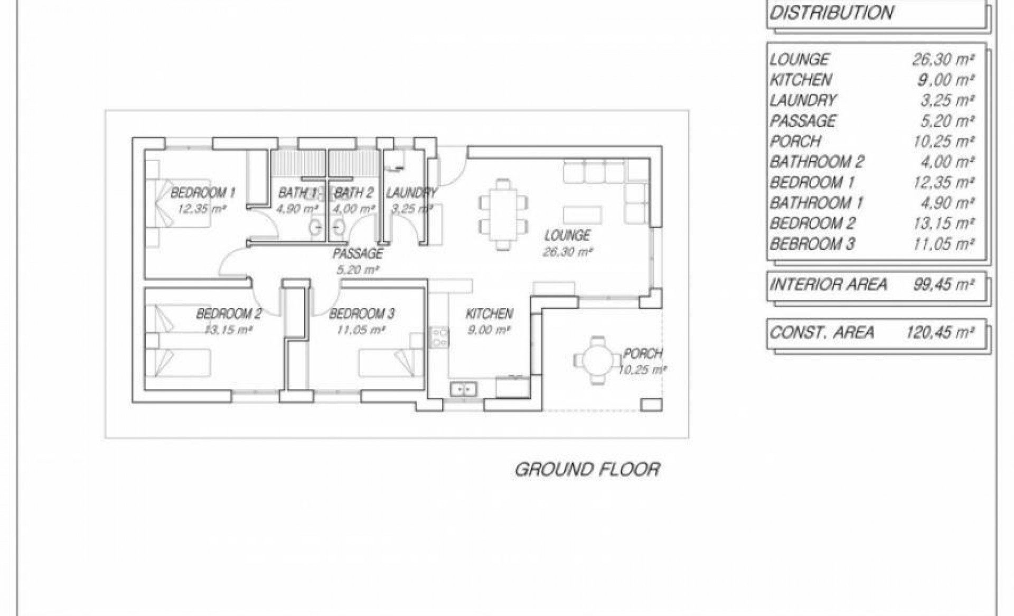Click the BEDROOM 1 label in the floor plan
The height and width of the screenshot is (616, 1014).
(x=203, y=193)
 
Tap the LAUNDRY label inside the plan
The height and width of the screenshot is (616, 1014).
(x=411, y=193)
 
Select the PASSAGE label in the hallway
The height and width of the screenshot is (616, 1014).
(x=358, y=254)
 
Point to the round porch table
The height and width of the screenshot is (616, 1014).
(x=598, y=360)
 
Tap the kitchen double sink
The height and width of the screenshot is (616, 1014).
(x=463, y=389)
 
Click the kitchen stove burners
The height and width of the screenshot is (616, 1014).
(x=439, y=338)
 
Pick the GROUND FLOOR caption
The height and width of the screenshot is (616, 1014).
(x=587, y=469)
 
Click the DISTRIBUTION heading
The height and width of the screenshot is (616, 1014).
(x=831, y=13)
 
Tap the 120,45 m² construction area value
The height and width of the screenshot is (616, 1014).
(x=940, y=332)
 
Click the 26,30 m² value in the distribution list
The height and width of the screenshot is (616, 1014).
(x=943, y=59)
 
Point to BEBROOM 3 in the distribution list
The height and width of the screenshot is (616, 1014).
(x=812, y=244)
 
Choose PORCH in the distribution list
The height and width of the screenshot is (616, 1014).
(x=795, y=142)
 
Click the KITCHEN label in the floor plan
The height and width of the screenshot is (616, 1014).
(x=489, y=314)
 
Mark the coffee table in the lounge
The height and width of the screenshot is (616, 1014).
(x=583, y=215)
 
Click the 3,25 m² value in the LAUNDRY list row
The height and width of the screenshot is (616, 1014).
(x=947, y=100)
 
